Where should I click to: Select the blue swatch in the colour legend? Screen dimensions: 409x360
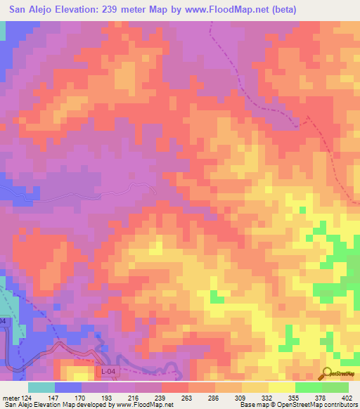point(68,387)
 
